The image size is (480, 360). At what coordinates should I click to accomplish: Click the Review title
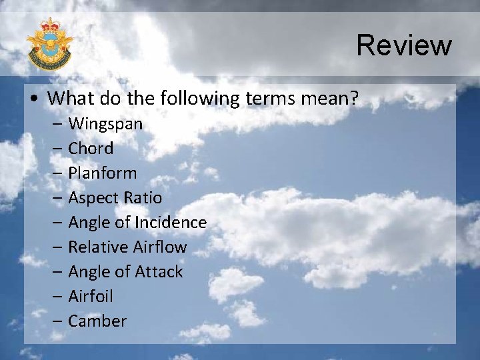click(404, 45)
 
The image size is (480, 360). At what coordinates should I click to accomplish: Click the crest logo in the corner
click(49, 44)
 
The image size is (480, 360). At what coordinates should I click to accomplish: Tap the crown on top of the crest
click(49, 25)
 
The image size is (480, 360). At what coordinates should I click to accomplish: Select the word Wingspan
click(105, 124)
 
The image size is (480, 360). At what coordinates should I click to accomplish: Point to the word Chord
click(91, 149)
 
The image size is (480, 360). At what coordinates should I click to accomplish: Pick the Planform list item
click(102, 173)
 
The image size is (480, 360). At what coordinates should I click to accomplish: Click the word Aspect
click(94, 198)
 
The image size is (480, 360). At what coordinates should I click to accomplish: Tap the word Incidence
click(171, 223)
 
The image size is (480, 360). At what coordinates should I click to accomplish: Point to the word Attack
click(159, 272)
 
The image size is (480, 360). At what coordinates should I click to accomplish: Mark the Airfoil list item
click(91, 297)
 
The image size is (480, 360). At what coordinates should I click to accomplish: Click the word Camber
click(97, 321)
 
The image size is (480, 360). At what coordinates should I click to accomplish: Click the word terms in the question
click(271, 99)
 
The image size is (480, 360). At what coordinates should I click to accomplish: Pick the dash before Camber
click(57, 321)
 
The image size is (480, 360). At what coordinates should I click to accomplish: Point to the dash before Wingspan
click(57, 124)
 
